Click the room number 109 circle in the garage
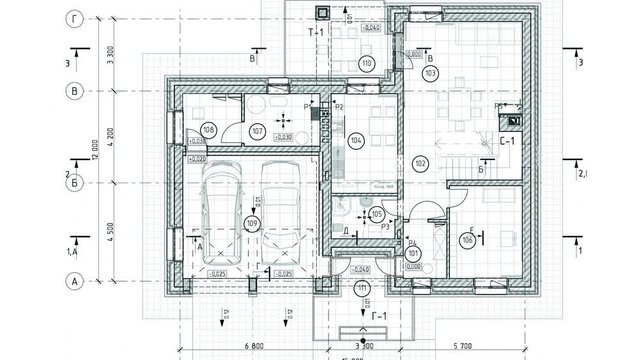coord(251,222)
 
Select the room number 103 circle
coord(431,74)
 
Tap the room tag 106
coord(466,240)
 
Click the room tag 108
coord(208,130)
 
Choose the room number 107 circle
coord(257,130)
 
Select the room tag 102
coord(419,163)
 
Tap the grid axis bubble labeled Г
coord(73,18)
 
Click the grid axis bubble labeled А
coord(73,282)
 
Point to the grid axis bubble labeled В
coord(73,91)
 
